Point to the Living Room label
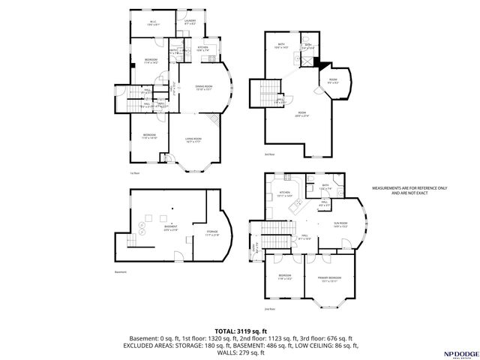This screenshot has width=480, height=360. pos(196,139)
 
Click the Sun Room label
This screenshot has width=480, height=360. pos(340,224)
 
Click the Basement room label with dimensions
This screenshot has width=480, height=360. pos(172,228)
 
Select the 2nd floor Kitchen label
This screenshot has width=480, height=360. pos(284,193)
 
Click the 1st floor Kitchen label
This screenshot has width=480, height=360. pos(202,49)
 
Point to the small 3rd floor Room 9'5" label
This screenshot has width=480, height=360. pos(332,82)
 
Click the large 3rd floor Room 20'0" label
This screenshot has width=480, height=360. pos(301,115)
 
